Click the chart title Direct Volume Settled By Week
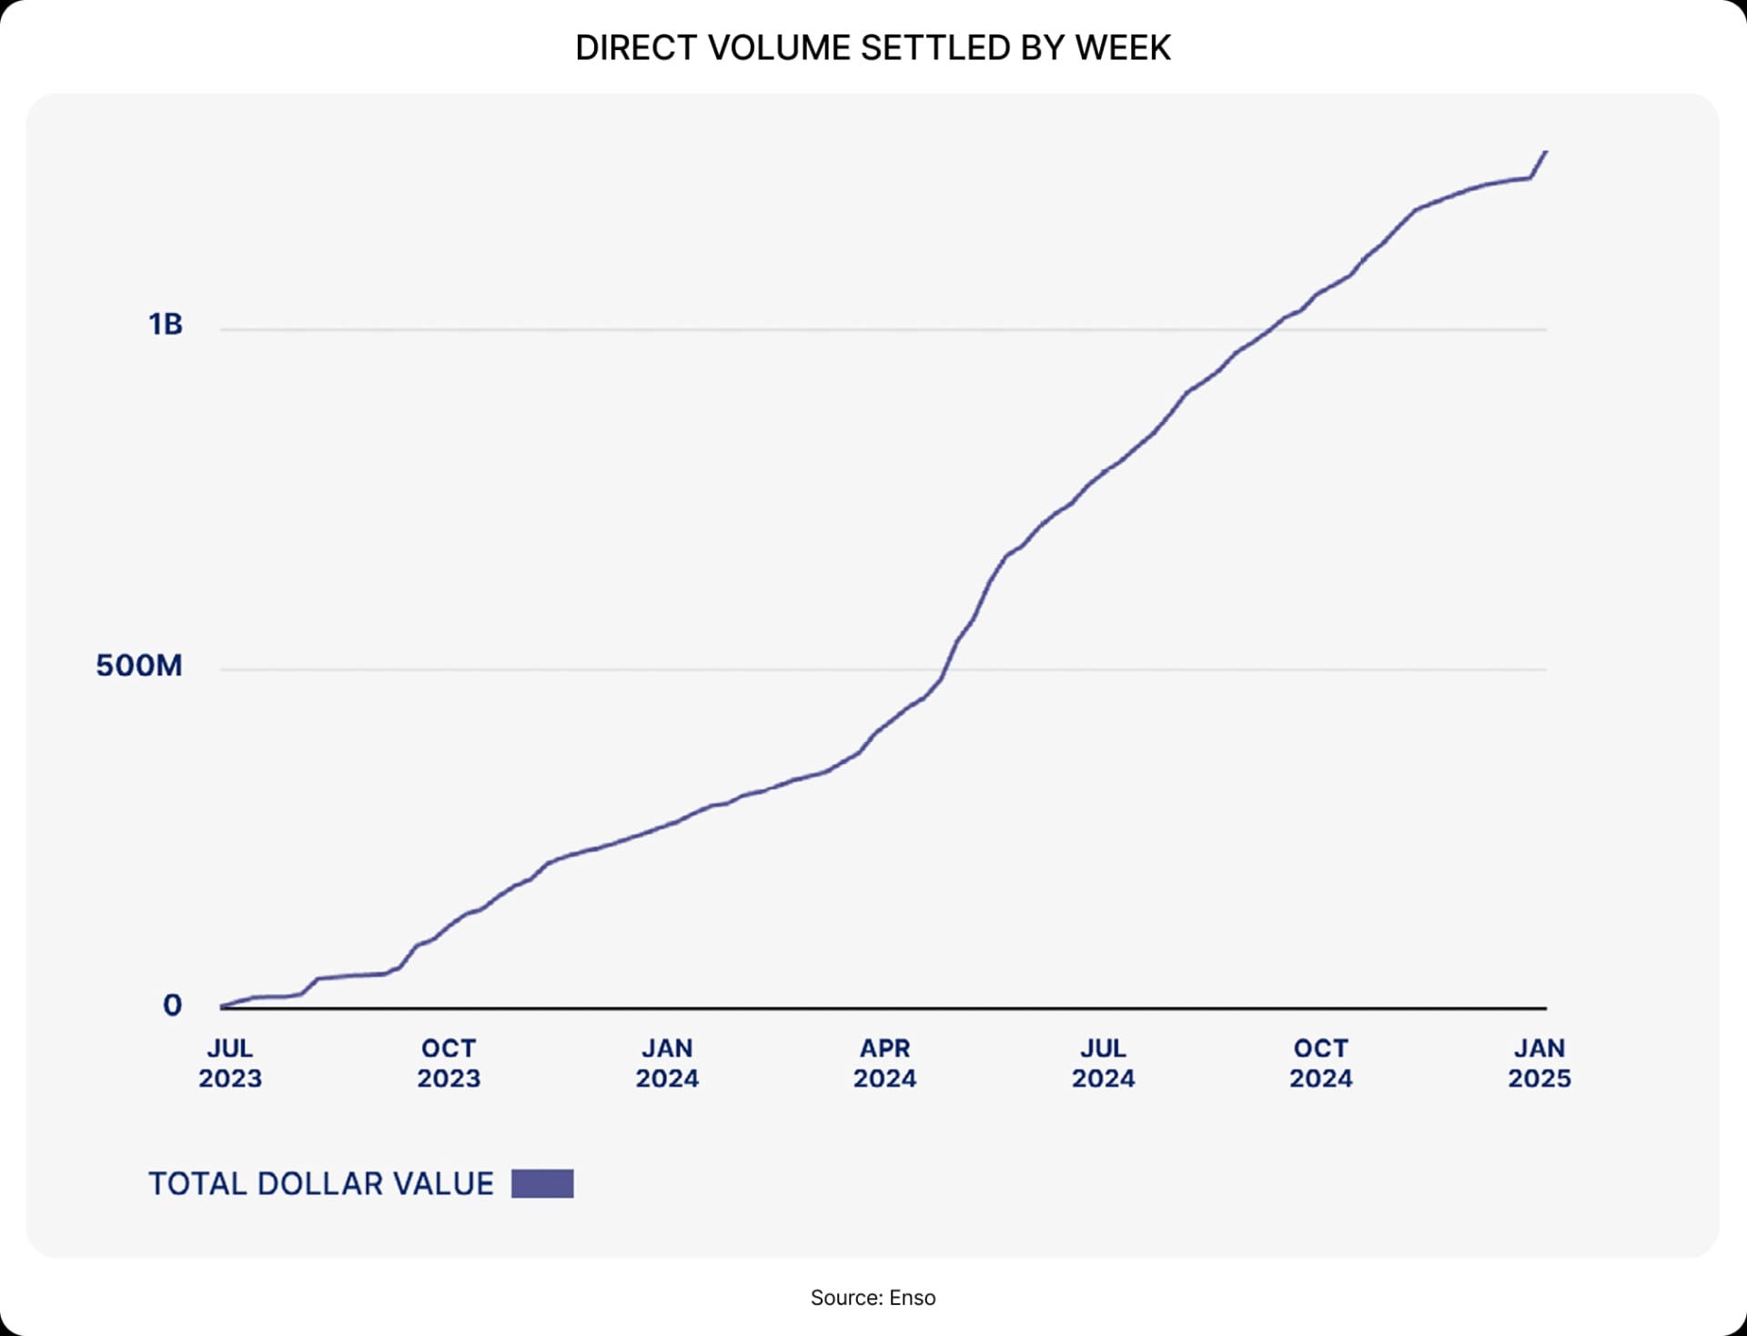tap(873, 47)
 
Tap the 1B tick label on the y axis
tap(166, 325)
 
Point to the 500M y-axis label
tap(139, 666)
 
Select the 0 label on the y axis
tap(172, 1005)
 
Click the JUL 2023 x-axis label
tap(230, 1063)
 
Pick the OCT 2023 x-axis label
tap(449, 1063)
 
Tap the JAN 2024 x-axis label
tap(667, 1063)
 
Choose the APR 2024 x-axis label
tap(884, 1063)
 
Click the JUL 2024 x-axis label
tap(1103, 1063)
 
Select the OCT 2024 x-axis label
tap(1321, 1063)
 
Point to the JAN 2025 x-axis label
tap(1540, 1063)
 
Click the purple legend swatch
tap(542, 1183)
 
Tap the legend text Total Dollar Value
tap(321, 1183)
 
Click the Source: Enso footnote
tap(873, 1298)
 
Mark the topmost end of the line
tap(1546, 152)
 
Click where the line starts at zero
tap(222, 1007)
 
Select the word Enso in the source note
tap(913, 1298)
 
